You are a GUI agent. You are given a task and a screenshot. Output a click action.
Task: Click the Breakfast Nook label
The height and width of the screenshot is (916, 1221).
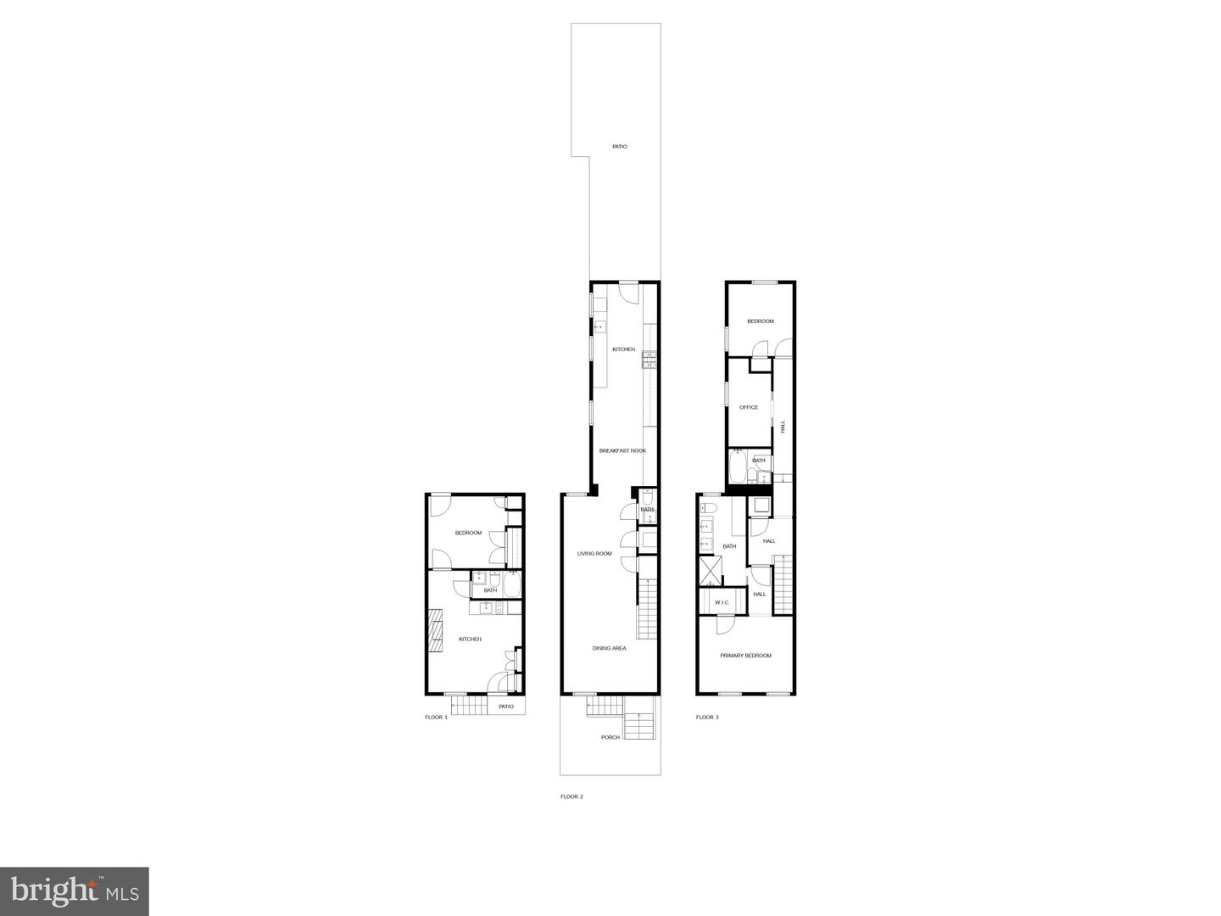tap(622, 450)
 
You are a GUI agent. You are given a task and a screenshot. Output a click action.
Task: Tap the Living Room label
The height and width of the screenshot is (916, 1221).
tap(594, 554)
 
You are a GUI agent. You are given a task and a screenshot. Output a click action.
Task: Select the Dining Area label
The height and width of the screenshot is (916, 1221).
tap(609, 649)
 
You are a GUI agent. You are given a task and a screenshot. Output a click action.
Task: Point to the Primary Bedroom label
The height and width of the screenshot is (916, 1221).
tap(745, 656)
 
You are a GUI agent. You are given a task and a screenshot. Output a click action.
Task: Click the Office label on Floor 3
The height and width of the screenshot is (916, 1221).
tap(749, 407)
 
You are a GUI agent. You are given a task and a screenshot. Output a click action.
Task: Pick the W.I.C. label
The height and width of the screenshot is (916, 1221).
tap(722, 603)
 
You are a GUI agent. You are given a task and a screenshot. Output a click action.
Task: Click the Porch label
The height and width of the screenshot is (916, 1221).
tap(610, 737)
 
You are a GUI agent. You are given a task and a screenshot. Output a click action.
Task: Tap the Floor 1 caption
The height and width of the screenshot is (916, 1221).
tap(436, 718)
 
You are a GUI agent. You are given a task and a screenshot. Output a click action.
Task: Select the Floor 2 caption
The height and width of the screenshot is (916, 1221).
tap(571, 796)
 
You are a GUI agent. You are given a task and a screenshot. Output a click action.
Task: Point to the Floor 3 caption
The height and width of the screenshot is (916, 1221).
tap(707, 718)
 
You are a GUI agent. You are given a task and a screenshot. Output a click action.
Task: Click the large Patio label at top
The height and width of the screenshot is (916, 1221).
tap(620, 147)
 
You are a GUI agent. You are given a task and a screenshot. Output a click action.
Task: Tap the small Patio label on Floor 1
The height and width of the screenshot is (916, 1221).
tap(506, 707)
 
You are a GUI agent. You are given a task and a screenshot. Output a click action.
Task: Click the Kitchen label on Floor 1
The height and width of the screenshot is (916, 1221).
tap(470, 640)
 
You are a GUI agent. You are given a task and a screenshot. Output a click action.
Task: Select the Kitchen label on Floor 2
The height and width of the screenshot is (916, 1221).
tap(623, 349)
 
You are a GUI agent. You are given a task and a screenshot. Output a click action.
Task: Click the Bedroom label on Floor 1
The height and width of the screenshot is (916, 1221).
tap(468, 533)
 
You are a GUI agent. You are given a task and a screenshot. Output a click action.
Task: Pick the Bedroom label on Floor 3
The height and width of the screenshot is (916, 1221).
tap(760, 321)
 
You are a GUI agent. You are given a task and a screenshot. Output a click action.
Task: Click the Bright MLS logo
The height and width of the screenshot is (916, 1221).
tap(75, 891)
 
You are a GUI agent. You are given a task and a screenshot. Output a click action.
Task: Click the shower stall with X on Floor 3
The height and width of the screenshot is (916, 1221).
tap(709, 571)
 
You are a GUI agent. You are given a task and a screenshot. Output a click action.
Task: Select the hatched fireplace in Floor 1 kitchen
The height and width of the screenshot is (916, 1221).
tap(436, 631)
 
